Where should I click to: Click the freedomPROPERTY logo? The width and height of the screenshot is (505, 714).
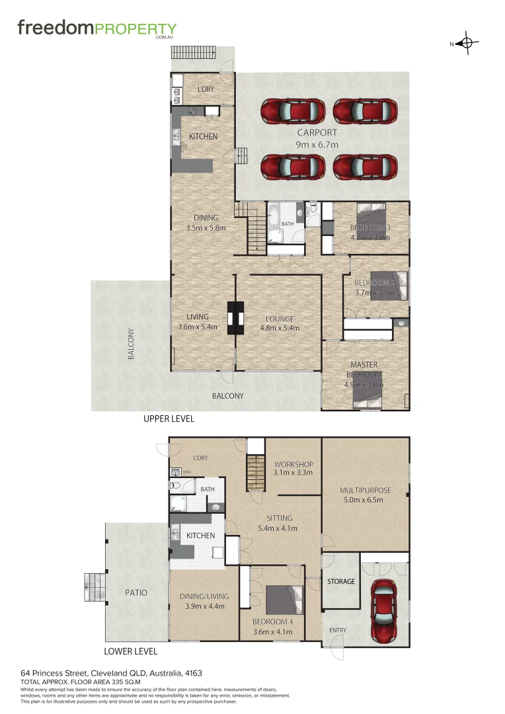(97, 29)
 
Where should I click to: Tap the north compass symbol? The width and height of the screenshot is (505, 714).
(467, 44)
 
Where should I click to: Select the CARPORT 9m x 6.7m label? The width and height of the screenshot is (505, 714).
(317, 138)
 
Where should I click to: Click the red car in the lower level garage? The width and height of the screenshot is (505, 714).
(384, 611)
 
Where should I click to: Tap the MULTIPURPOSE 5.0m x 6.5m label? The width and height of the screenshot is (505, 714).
(366, 495)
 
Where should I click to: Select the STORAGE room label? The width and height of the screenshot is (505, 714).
(341, 582)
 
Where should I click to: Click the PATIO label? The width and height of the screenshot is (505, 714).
(135, 593)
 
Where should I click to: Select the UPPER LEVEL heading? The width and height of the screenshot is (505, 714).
(169, 419)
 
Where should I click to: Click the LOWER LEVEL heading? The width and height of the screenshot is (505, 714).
(131, 651)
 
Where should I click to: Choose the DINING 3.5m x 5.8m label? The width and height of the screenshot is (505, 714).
(206, 223)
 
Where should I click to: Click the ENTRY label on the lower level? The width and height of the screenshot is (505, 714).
(337, 630)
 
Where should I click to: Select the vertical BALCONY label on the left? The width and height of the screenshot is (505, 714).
(132, 344)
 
